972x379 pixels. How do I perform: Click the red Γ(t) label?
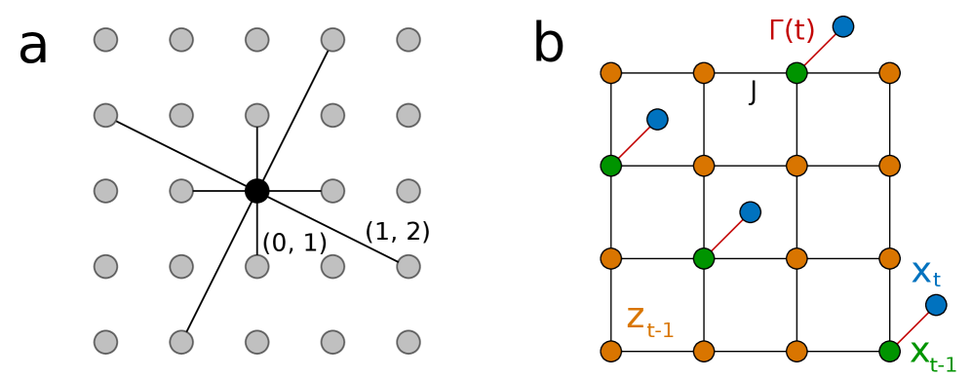point(791,31)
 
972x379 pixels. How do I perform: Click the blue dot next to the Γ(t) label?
point(843,26)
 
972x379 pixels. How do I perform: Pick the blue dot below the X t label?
point(936,305)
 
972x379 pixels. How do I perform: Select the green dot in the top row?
point(797,73)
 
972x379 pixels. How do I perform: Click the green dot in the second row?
point(611,166)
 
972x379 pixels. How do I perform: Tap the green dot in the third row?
point(704,258)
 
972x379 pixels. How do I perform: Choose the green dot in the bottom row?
point(889,351)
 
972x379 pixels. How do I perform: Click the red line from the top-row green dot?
point(820,50)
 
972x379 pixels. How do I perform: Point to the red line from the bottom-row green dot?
point(913,328)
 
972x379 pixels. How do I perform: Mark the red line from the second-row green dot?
point(634,142)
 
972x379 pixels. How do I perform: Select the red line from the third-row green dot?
point(726,236)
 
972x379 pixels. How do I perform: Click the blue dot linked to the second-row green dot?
point(657,119)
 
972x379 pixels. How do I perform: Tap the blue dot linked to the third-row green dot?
point(750,212)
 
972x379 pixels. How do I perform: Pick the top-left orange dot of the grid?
point(611,73)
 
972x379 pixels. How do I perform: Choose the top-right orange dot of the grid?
point(889,73)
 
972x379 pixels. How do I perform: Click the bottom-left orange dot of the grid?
point(611,351)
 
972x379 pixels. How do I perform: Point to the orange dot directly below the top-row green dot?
point(797,166)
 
